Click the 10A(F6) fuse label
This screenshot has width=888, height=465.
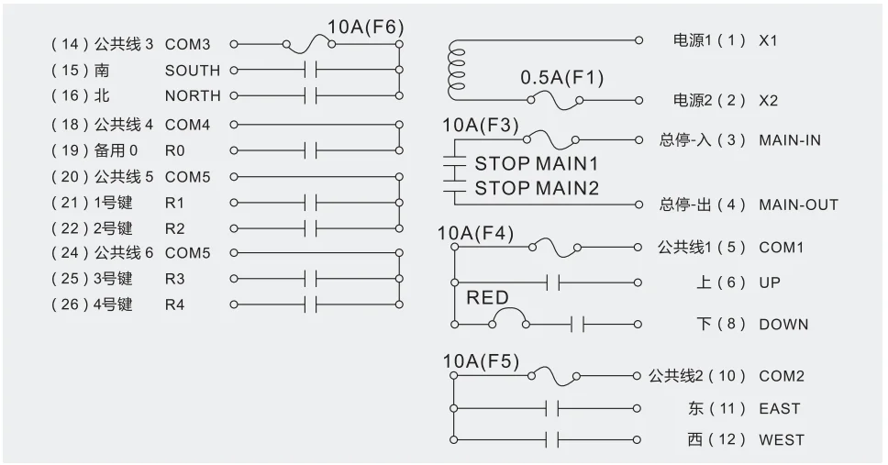(364, 27)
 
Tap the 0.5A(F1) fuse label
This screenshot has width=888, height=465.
(562, 78)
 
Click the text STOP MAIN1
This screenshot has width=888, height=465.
(536, 164)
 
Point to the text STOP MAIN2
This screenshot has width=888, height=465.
(536, 188)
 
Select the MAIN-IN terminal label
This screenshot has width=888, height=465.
(790, 140)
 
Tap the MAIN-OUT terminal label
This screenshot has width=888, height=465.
(798, 205)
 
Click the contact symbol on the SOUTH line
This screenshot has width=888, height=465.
(310, 70)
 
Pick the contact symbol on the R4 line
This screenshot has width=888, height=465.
(310, 304)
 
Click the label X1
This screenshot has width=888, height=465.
(768, 41)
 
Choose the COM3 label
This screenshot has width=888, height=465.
(187, 43)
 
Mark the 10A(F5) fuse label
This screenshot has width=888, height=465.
(481, 360)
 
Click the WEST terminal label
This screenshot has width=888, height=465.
(781, 440)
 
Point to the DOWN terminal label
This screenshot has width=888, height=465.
(783, 324)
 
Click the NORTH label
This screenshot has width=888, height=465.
(193, 95)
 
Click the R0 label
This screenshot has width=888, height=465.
(174, 150)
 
